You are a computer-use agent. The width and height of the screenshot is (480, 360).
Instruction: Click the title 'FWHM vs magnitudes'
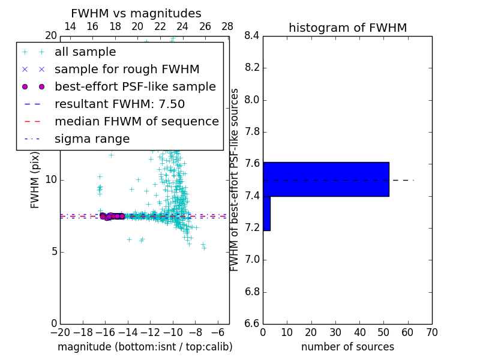pyautogui.click(x=136, y=13)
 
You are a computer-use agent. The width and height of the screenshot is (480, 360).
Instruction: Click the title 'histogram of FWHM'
pyautogui.click(x=347, y=28)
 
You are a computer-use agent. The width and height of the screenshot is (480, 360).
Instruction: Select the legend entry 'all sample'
pyautogui.click(x=85, y=52)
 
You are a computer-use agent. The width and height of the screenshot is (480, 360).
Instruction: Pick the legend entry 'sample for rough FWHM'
pyautogui.click(x=127, y=70)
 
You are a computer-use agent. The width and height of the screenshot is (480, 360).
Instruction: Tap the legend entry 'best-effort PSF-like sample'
pyautogui.click(x=135, y=86)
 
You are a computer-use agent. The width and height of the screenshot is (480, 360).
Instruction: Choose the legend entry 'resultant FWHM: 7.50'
pyautogui.click(x=119, y=104)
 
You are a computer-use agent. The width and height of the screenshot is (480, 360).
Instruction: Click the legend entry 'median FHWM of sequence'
pyautogui.click(x=136, y=121)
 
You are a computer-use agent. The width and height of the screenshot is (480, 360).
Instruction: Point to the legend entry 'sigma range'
pyautogui.click(x=92, y=139)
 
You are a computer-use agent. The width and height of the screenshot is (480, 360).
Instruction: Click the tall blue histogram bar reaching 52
pyautogui.click(x=326, y=179)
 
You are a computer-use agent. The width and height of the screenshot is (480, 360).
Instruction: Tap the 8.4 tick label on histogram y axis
pyautogui.click(x=251, y=36)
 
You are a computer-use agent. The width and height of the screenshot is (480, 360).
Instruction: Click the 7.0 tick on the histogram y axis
pyautogui.click(x=251, y=260)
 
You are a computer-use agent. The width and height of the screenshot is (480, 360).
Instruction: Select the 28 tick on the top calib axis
pyautogui.click(x=227, y=26)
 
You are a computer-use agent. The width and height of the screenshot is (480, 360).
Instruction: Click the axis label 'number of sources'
pyautogui.click(x=347, y=347)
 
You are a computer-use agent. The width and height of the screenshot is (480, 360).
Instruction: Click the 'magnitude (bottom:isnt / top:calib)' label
pyautogui.click(x=145, y=347)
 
